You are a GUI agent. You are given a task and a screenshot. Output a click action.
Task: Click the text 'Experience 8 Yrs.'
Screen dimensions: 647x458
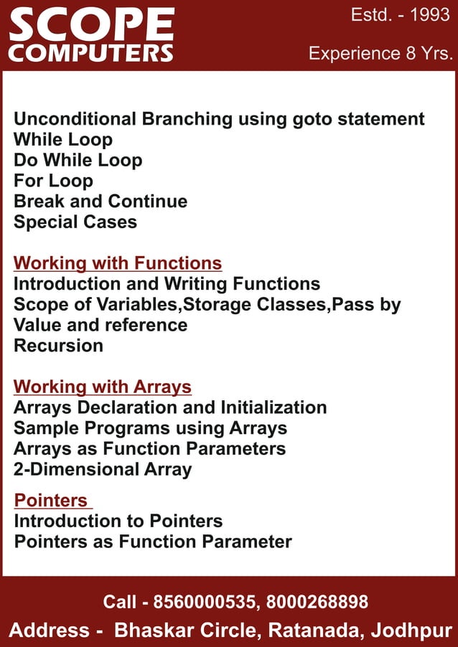click(x=380, y=54)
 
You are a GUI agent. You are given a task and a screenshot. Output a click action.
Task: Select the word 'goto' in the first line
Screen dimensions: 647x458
click(x=316, y=119)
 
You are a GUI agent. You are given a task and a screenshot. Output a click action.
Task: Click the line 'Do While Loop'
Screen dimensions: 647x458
click(x=78, y=160)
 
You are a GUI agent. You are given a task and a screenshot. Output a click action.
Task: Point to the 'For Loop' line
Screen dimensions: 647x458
click(x=53, y=181)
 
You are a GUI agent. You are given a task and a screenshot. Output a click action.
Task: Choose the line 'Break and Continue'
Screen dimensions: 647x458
click(x=101, y=202)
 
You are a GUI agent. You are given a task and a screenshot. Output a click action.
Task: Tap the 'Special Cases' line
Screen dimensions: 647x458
click(x=75, y=222)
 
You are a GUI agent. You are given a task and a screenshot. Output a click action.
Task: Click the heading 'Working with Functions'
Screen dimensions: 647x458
click(x=118, y=263)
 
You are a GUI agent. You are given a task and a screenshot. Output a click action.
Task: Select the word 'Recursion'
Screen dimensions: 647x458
click(x=58, y=346)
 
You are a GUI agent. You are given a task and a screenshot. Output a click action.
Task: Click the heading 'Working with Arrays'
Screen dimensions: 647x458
click(x=103, y=387)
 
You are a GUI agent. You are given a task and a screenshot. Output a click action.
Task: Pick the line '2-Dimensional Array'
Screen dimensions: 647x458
click(x=103, y=470)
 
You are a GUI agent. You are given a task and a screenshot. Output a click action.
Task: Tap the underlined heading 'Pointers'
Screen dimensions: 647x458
click(x=51, y=500)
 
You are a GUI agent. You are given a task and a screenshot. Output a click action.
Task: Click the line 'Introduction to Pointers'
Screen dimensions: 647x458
click(x=118, y=521)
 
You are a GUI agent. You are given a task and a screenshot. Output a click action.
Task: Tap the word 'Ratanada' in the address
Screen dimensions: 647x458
click(x=313, y=631)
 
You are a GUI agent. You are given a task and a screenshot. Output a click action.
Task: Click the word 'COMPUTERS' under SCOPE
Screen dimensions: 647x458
click(x=91, y=53)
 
